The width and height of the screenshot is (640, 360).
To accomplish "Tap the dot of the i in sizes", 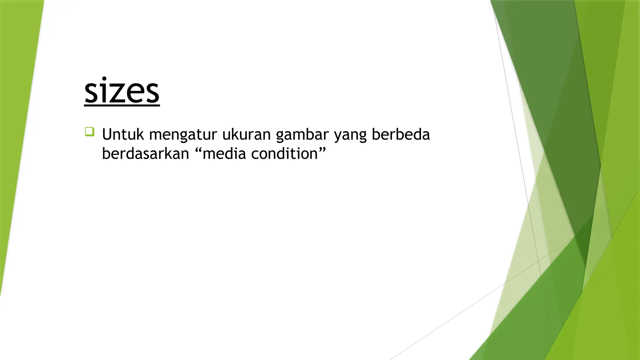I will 104,78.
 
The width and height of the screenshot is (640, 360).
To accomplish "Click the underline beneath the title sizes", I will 122,106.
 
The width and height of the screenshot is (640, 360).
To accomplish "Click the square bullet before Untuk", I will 89,132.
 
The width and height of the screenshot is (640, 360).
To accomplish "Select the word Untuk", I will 123,135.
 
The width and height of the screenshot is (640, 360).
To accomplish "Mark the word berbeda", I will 401,135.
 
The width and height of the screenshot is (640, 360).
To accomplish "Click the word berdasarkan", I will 145,154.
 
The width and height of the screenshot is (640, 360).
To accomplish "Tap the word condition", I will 284,154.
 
